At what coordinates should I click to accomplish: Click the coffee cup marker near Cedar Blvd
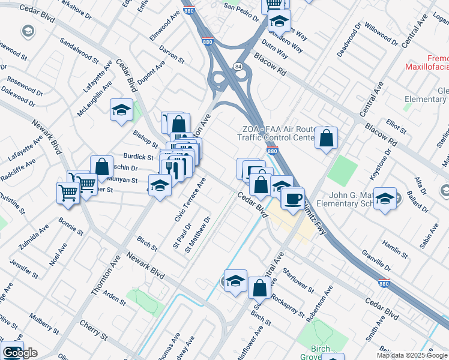[x=292, y=198]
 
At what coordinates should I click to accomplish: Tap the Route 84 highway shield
[x=238, y=66]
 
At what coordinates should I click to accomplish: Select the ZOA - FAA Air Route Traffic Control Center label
[x=278, y=133]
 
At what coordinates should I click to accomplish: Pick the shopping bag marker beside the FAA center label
[x=326, y=139]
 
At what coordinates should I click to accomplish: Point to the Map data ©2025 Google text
[x=411, y=355]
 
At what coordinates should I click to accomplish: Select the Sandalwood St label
[x=79, y=50]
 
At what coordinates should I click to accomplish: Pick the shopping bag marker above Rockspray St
[x=259, y=288]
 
